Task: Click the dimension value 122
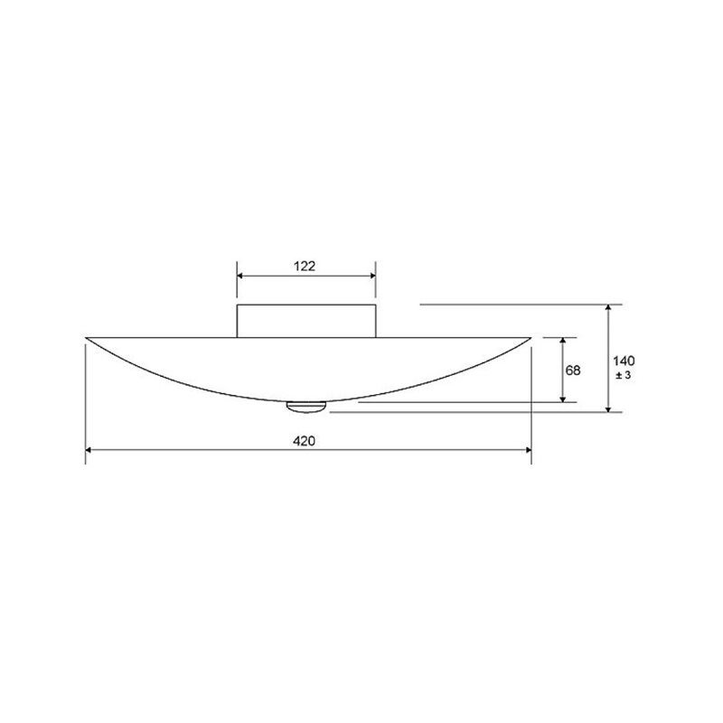tap(305, 266)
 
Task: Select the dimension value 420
tap(305, 441)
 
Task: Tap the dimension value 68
tap(573, 371)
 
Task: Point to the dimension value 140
tap(624, 361)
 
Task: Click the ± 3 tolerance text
tap(624, 375)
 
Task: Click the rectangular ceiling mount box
tap(306, 321)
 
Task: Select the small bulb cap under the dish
tap(306, 407)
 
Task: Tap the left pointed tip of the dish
tap(86, 338)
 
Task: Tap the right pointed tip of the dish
tap(531, 338)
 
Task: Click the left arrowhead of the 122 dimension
tap(239, 277)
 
